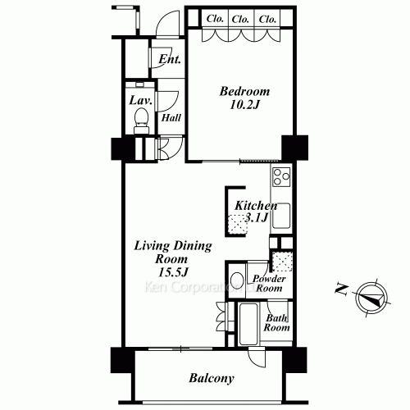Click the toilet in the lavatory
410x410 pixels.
click(141, 121)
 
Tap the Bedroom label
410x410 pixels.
click(244, 91)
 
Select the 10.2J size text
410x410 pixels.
click(244, 105)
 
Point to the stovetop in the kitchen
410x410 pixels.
click(281, 176)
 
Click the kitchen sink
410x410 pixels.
click(281, 216)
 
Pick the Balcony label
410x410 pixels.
click(212, 379)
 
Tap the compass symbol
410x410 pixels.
click(372, 298)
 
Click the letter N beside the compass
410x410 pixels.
click(342, 289)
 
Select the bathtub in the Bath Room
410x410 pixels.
click(248, 324)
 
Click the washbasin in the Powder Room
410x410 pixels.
click(237, 280)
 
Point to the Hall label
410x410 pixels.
click(171, 118)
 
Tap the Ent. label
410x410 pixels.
click(170, 59)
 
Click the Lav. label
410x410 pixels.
click(140, 101)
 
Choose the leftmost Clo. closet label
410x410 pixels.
click(215, 19)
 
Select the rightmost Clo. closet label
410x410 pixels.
click(267, 19)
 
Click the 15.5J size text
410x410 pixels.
click(173, 272)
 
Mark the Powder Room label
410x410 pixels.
click(269, 284)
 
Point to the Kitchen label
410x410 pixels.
click(256, 206)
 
